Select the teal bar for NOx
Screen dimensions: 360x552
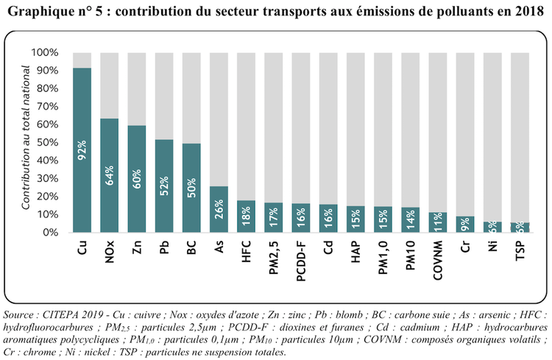tap(110, 176)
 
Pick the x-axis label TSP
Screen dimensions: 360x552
tap(518, 251)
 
